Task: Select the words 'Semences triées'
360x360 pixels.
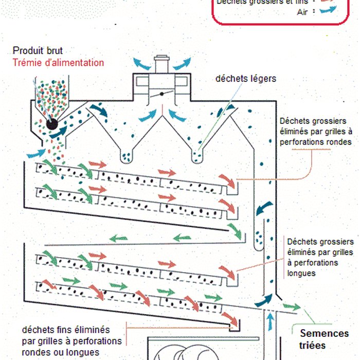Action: click(x=323, y=339)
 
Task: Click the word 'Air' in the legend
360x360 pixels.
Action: click(x=303, y=12)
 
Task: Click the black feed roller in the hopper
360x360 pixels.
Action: click(x=51, y=123)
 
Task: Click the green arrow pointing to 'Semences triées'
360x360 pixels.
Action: click(x=294, y=307)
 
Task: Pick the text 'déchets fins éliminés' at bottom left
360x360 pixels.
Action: click(x=66, y=330)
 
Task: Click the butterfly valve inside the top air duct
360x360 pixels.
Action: click(x=162, y=94)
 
